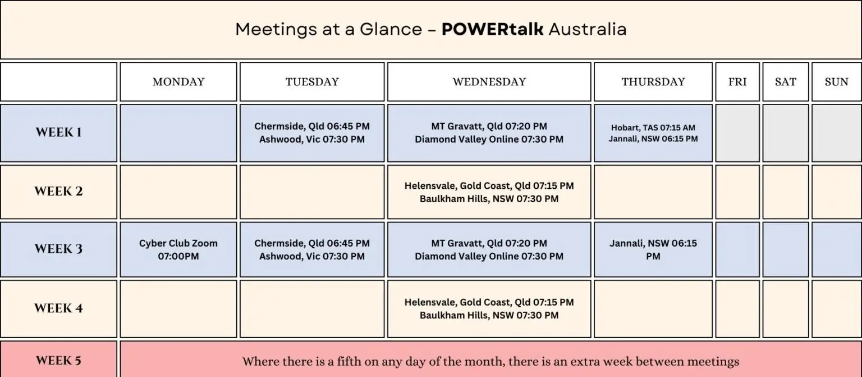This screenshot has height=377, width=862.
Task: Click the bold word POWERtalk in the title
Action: [492, 29]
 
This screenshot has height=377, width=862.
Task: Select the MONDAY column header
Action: [178, 81]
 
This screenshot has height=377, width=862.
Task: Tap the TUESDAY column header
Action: [312, 81]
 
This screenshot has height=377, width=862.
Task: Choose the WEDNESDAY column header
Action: [489, 81]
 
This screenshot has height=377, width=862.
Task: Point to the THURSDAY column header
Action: [653, 81]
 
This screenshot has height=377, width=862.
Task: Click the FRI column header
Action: [737, 81]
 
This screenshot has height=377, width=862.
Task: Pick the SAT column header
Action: [786, 81]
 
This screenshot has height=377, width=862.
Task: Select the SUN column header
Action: [837, 81]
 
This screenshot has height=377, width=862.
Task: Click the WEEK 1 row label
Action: [58, 133]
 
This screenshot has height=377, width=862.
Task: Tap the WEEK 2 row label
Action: [58, 192]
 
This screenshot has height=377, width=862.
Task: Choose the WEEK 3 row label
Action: [58, 249]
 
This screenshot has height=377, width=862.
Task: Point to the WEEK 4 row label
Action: [58, 308]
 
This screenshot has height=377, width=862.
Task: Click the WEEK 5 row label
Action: [58, 361]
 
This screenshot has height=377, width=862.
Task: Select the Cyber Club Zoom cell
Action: [178, 249]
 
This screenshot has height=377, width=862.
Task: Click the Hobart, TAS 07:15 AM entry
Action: [653, 128]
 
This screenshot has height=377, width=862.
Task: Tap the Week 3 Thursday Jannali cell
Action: [653, 249]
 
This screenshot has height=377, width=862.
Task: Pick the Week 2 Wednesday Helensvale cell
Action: [489, 192]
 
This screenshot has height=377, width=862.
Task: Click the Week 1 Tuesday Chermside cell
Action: [312, 133]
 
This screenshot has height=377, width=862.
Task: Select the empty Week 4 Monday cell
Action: [178, 308]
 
